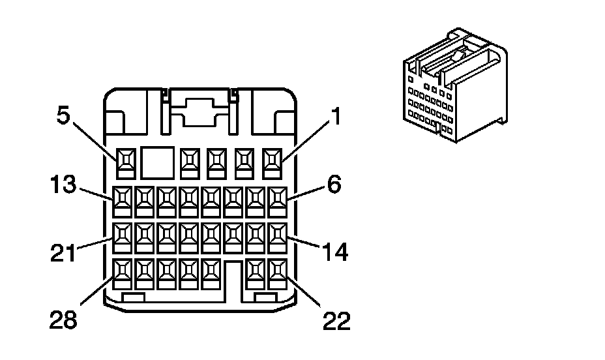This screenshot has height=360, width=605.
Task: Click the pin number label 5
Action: click(63, 115)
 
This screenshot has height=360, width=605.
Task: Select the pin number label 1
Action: click(336, 116)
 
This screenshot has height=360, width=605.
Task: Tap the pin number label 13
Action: click(63, 184)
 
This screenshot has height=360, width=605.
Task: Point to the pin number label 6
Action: click(334, 184)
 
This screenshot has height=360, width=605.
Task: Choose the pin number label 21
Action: click(63, 254)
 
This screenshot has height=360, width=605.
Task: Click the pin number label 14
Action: click(335, 252)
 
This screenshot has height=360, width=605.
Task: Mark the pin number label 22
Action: click(336, 321)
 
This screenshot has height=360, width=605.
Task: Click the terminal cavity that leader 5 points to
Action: click(126, 164)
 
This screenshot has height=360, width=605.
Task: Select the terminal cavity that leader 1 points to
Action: click(272, 164)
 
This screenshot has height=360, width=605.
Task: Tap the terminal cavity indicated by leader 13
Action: click(123, 202)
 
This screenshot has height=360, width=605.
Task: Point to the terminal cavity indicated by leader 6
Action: click(278, 202)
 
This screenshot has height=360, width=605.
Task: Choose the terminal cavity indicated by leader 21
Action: click(123, 237)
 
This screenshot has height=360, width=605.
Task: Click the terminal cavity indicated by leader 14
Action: click(278, 237)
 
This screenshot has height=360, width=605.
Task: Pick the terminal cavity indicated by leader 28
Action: click(123, 274)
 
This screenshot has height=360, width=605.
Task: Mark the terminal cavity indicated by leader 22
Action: click(278, 274)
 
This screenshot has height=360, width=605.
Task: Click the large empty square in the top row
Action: click(157, 162)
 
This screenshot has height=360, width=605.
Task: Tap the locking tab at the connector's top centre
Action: click(199, 112)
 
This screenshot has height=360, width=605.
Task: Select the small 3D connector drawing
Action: click(455, 85)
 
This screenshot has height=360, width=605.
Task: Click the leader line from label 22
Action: click(304, 292)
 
